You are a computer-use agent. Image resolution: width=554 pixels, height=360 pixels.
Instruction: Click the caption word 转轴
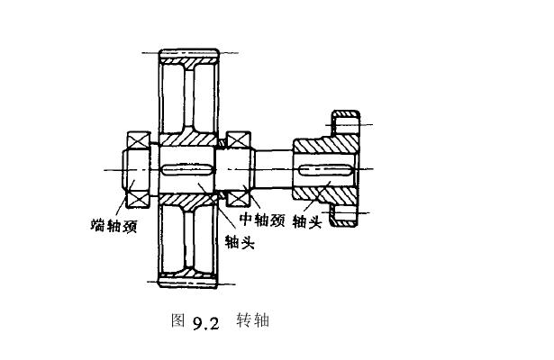tap(253, 319)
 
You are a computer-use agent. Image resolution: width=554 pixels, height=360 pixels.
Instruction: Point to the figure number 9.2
tap(205, 320)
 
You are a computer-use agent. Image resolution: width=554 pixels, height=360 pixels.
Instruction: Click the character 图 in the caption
tap(177, 319)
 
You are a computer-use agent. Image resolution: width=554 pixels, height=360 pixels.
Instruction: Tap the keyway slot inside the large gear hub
tap(186, 169)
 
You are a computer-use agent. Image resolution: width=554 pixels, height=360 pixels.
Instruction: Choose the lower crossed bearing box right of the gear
tap(239, 195)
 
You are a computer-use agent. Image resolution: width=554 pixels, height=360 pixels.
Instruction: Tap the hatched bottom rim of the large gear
tap(189, 283)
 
